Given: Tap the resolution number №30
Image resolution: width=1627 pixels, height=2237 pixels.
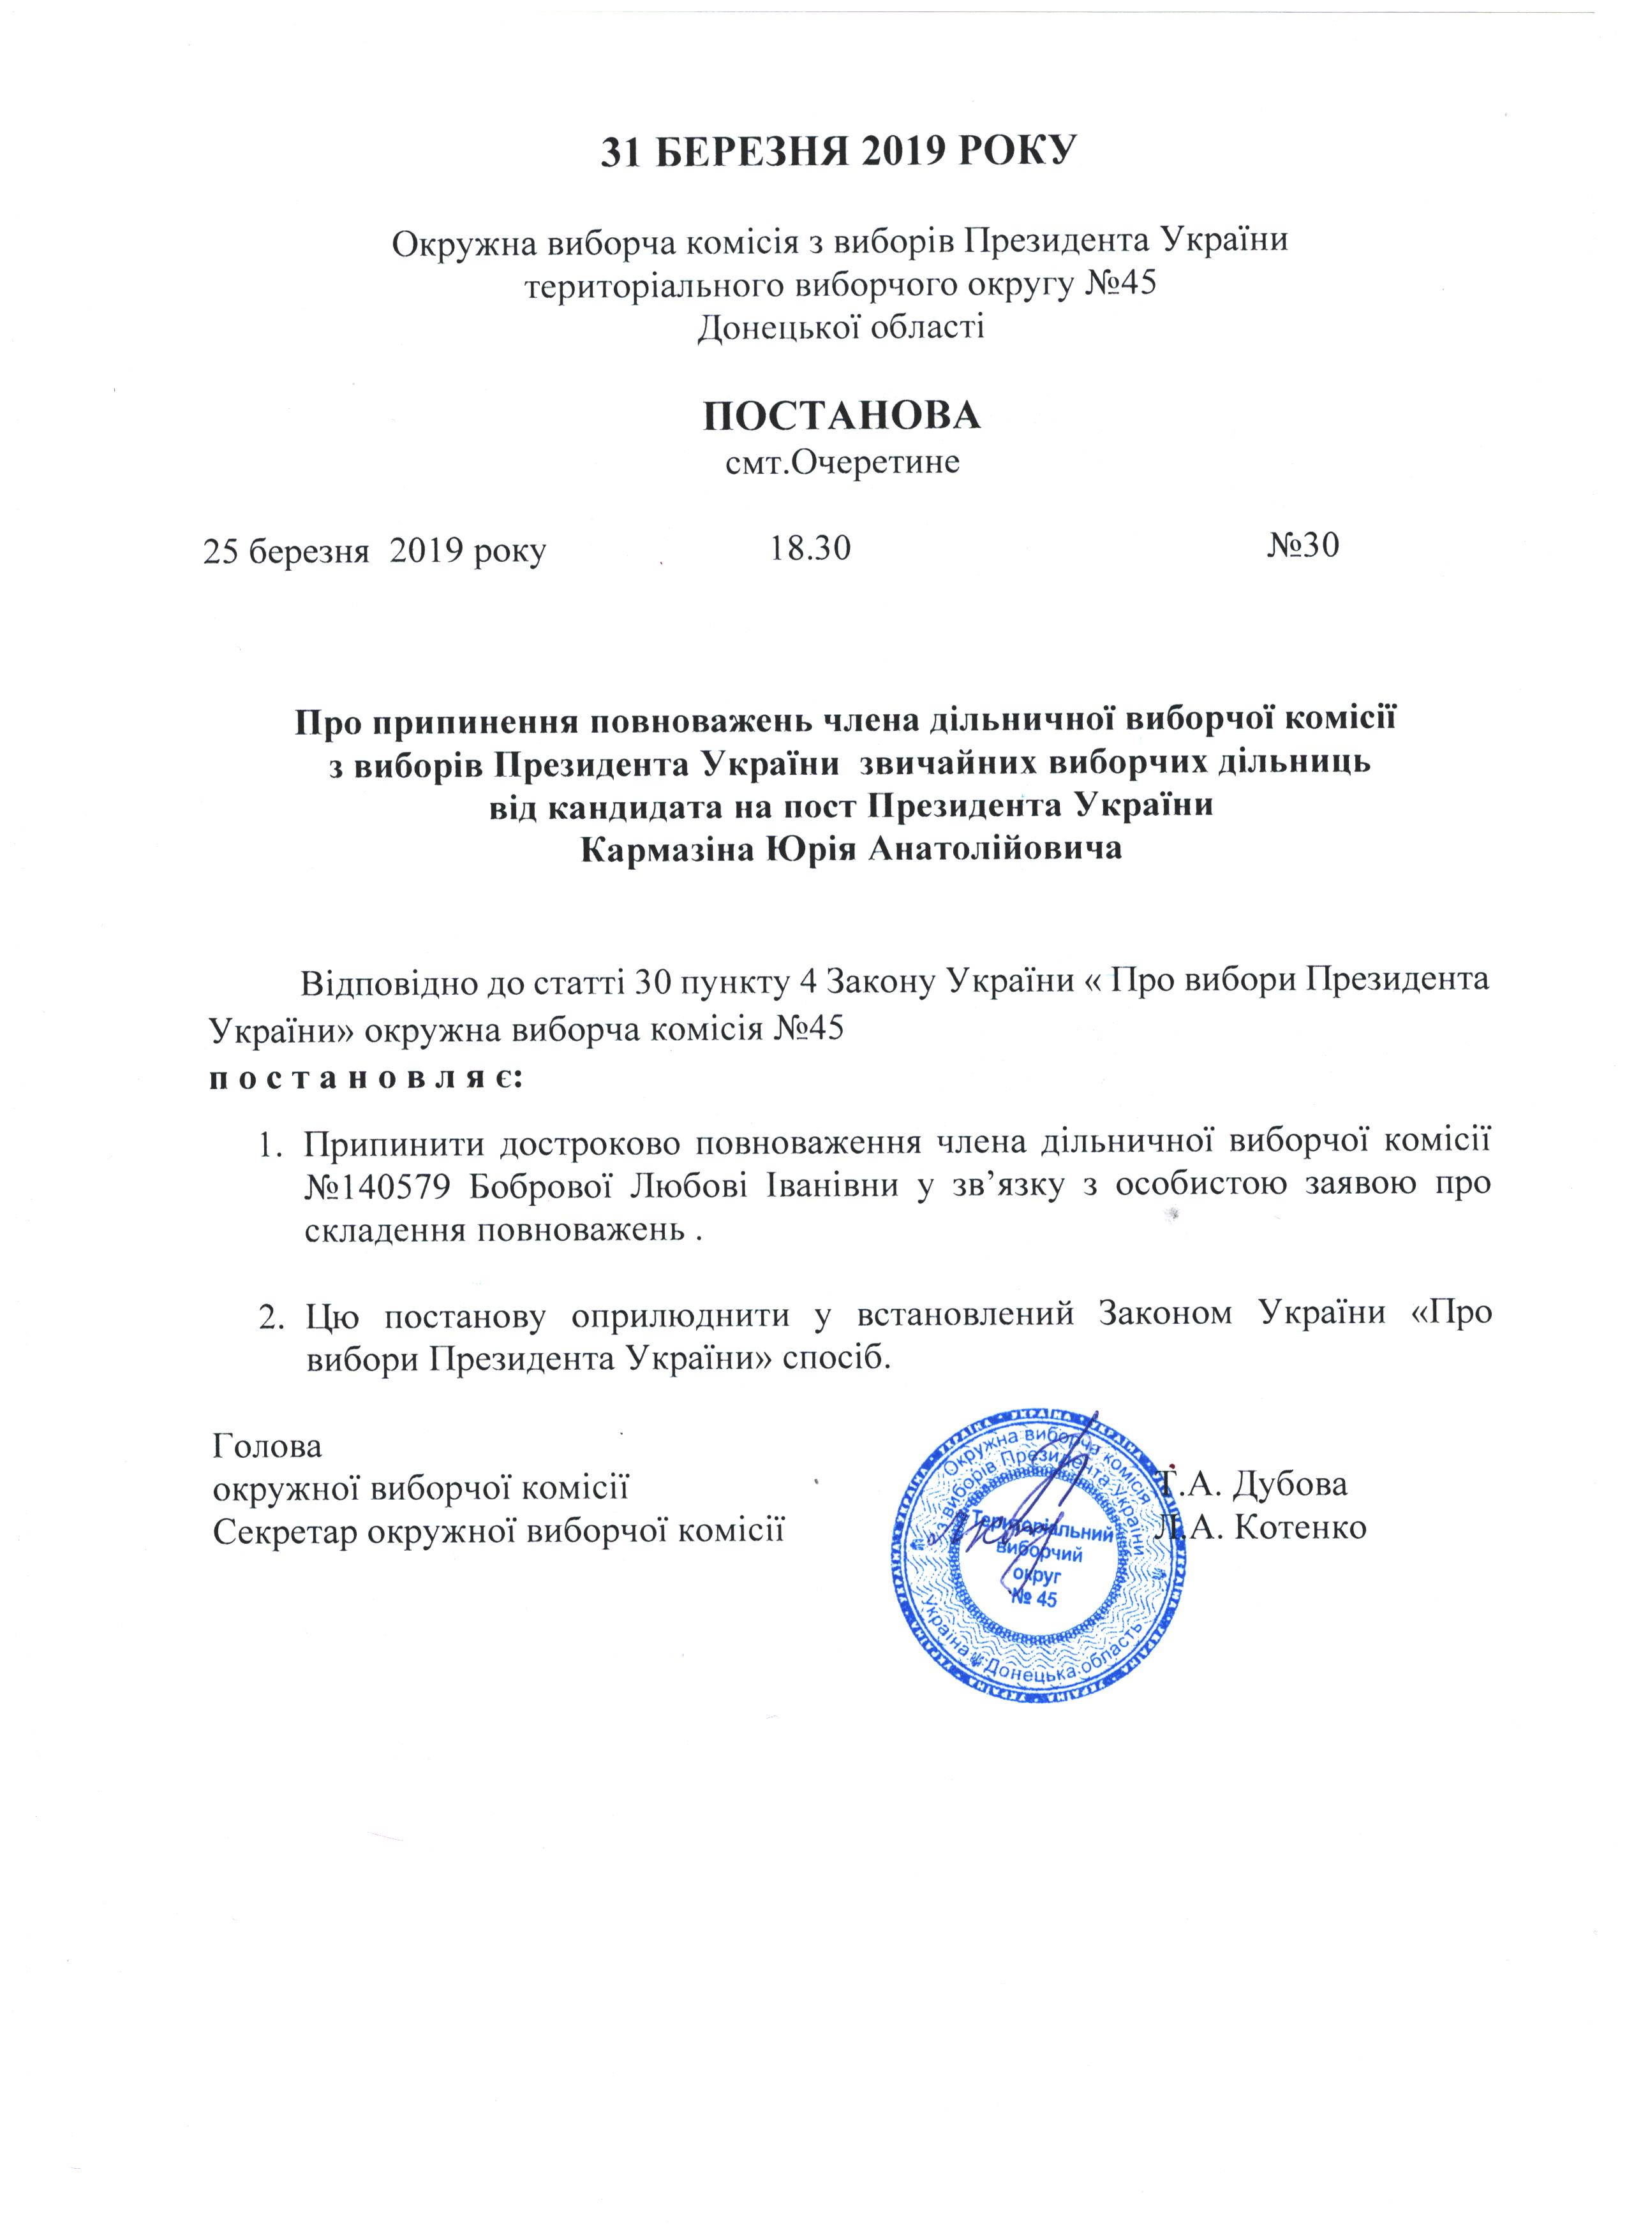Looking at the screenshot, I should click(1302, 545).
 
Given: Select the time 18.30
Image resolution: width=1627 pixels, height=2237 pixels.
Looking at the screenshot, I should click(809, 547).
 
